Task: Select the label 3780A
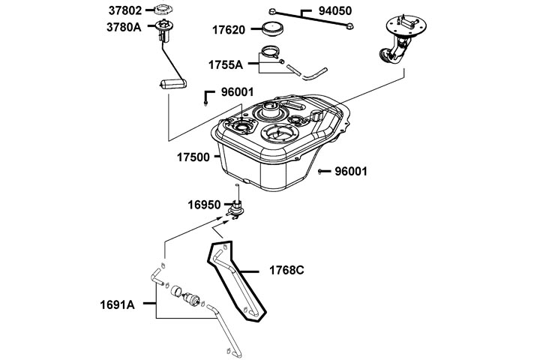(124, 27)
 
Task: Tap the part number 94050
(336, 12)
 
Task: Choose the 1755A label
(226, 64)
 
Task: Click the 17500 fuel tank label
(194, 158)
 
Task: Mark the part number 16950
(205, 204)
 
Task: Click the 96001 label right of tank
(351, 171)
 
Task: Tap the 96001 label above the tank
(238, 94)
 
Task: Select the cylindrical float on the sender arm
(171, 83)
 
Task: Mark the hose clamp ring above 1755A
(268, 54)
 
